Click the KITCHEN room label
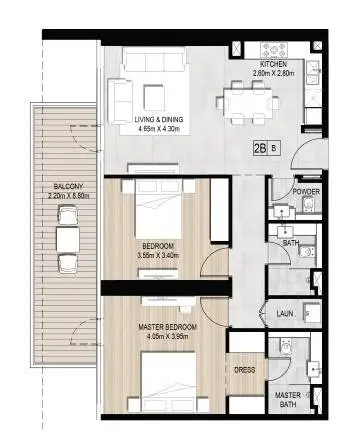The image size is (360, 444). [273, 64]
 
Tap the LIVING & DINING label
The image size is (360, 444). [159, 120]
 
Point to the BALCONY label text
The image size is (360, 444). [68, 186]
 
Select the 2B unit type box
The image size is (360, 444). [260, 148]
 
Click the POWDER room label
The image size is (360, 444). [306, 192]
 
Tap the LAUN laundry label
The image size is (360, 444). [285, 314]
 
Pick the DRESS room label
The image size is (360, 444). [245, 370]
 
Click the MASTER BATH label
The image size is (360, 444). [288, 400]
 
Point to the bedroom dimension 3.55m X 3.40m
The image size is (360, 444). [158, 256]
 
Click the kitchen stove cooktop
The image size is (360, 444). [274, 50]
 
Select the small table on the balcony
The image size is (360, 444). [68, 240]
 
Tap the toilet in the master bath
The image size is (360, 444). [285, 347]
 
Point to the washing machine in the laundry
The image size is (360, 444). [312, 313]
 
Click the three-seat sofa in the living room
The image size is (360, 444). [154, 59]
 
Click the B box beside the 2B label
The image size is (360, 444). [274, 148]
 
